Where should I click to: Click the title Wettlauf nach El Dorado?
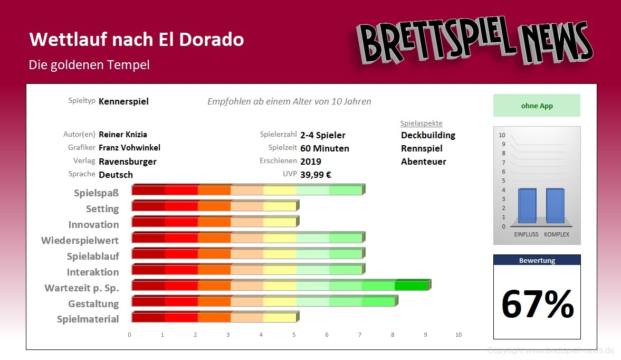point(136,40)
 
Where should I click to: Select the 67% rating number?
point(537,304)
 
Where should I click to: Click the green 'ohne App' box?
point(537,106)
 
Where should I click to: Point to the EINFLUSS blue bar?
point(527,205)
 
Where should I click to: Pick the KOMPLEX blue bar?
point(556,205)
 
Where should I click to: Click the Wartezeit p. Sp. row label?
point(82,288)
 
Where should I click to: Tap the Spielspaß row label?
point(96,193)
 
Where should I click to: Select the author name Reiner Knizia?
point(123,135)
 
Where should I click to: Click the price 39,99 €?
point(316,175)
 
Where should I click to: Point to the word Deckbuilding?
point(428,135)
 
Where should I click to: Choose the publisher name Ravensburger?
point(128,162)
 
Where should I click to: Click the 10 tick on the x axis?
point(458,335)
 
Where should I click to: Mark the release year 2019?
point(311,162)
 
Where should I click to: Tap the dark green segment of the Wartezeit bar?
point(411,286)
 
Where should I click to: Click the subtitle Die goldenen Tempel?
point(89,65)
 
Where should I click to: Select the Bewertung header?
point(537,260)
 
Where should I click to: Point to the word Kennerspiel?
point(123,101)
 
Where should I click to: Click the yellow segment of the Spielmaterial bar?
point(280,318)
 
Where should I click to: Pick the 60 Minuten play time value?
point(324,148)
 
